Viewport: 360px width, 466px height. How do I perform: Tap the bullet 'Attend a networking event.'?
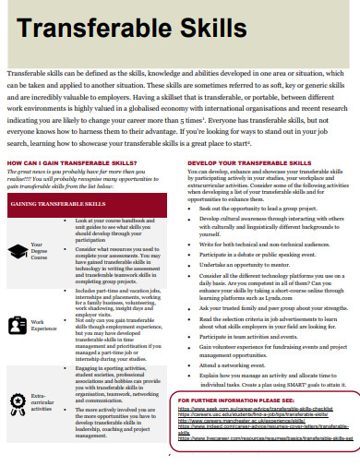239,364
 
